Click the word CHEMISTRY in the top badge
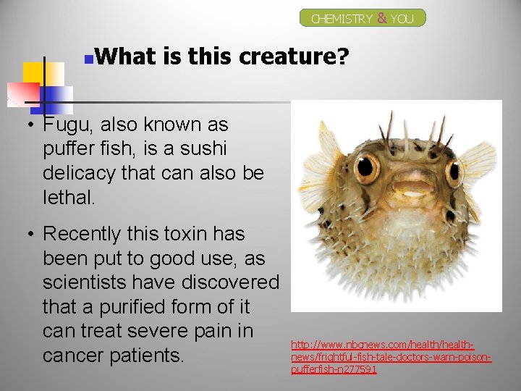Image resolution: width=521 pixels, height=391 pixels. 342,19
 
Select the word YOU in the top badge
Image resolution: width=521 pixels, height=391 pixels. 402,19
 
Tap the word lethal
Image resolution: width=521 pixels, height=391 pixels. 69,198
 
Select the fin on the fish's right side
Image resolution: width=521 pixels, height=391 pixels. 478,161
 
